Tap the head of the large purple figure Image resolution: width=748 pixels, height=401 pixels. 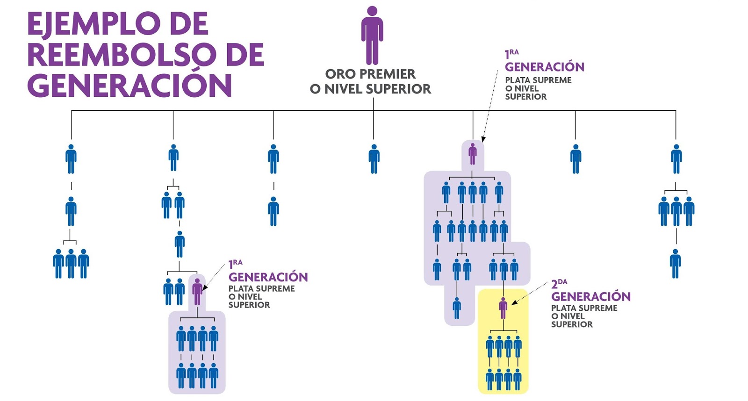tap(372, 11)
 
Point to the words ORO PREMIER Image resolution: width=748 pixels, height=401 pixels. tap(370, 74)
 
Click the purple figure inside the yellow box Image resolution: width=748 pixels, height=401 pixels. tap(503, 308)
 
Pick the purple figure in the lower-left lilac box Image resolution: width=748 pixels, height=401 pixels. tap(197, 291)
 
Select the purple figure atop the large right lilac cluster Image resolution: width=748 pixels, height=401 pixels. tap(473, 154)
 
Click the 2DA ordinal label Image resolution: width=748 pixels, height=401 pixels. tap(559, 283)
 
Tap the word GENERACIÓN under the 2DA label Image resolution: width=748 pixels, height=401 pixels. tap(591, 296)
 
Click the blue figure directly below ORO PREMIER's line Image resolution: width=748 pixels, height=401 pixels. tap(374, 159)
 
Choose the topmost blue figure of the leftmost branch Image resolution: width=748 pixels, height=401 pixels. tap(71, 159)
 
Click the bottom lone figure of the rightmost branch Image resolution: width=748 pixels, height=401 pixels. tap(675, 264)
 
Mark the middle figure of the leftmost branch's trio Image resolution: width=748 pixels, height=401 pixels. tap(71, 264)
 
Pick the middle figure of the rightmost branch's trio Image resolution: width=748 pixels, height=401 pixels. tap(676, 211)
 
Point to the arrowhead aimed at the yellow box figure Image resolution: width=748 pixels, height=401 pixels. tap(514, 303)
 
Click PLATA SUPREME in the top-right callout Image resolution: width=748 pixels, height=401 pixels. tap(538, 80)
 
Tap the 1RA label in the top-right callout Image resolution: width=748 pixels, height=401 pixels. tap(511, 54)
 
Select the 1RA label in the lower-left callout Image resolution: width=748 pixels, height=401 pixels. tap(235, 264)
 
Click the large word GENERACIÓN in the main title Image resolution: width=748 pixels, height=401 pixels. tap(129, 86)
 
